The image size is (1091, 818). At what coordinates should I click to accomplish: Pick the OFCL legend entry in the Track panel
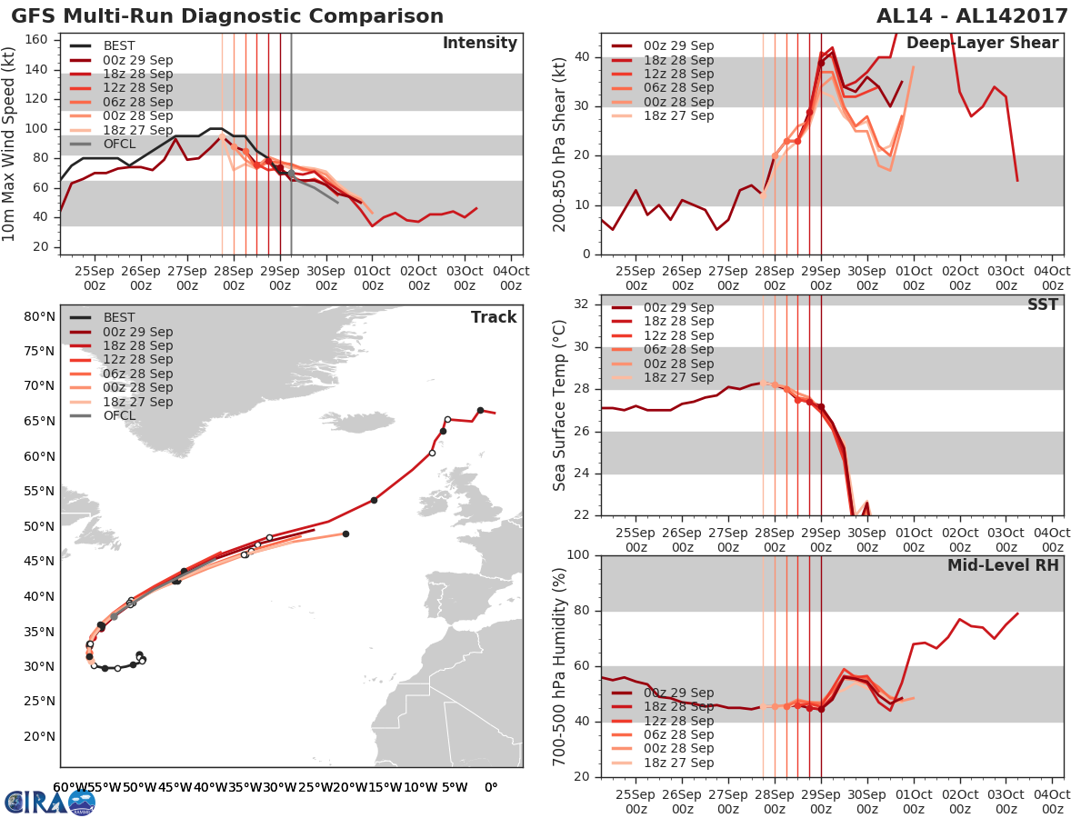point(119,415)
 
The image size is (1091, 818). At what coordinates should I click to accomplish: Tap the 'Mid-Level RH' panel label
point(1003,565)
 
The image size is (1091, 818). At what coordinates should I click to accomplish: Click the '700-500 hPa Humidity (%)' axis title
point(560,665)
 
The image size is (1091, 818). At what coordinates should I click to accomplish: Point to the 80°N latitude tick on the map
point(39,317)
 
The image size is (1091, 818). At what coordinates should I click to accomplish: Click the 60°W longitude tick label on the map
point(65,787)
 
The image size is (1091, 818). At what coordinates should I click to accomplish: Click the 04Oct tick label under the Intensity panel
point(511,276)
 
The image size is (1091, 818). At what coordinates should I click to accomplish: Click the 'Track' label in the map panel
point(494,317)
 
